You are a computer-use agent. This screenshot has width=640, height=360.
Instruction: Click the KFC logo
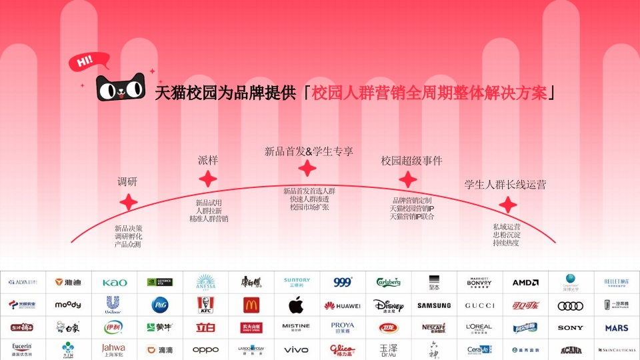tap(205, 305)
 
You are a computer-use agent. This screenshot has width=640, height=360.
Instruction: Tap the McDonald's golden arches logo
tap(251, 305)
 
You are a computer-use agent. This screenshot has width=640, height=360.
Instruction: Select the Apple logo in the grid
tap(296, 305)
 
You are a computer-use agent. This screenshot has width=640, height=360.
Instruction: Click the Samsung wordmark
tap(434, 305)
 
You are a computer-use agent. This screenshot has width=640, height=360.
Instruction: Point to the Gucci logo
tap(479, 305)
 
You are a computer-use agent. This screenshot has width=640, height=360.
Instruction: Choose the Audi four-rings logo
tap(571, 305)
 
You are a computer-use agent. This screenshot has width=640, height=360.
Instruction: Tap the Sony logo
tap(571, 328)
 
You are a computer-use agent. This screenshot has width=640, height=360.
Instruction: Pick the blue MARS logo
tap(617, 328)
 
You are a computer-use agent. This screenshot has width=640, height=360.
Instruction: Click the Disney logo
tap(389, 305)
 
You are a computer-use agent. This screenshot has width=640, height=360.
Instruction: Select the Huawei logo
tap(342, 305)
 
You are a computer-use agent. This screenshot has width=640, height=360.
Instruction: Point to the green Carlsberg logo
tap(389, 282)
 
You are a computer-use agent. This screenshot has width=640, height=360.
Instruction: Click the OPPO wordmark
tap(205, 349)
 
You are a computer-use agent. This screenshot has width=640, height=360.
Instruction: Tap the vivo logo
tap(296, 349)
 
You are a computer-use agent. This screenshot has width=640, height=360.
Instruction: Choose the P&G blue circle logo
tap(160, 305)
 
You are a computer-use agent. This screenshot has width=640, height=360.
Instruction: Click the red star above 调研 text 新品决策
tap(128, 203)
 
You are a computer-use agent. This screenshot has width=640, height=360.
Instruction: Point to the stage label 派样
tap(208, 160)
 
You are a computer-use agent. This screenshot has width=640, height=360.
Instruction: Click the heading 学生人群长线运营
tap(505, 185)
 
